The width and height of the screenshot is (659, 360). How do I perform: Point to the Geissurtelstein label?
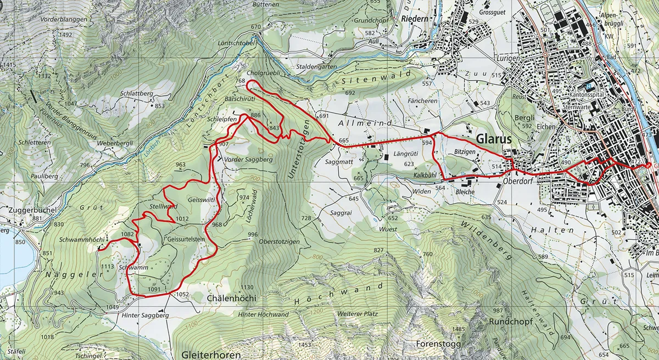click(x=186, y=239)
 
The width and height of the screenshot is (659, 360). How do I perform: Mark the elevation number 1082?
click(x=127, y=234)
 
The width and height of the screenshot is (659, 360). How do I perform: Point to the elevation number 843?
click(x=275, y=128)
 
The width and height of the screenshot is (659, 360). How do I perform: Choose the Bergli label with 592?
click(x=516, y=117)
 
